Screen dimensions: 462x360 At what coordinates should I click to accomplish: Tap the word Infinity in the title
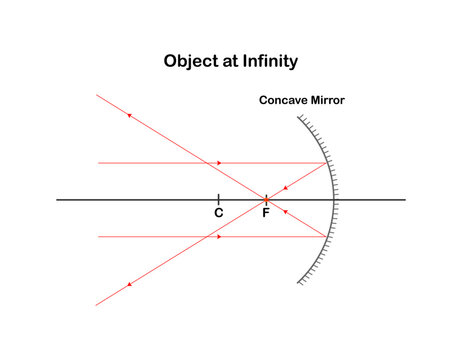(270, 61)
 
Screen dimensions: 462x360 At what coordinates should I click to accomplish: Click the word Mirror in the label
(327, 100)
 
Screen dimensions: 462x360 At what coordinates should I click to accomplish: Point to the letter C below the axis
(219, 212)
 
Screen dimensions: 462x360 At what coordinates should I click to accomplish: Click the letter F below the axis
(266, 212)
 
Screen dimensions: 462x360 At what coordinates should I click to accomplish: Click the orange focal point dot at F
(266, 200)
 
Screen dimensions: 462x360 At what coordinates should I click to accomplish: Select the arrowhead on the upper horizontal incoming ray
(219, 163)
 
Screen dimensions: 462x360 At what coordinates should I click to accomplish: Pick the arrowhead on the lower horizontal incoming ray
(219, 237)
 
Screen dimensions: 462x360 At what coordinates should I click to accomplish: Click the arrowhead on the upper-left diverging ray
(129, 115)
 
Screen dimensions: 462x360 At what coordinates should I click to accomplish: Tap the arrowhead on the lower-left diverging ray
(129, 284)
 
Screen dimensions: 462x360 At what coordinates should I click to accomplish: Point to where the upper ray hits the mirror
(327, 163)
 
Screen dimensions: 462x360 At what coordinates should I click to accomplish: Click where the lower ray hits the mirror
(326, 237)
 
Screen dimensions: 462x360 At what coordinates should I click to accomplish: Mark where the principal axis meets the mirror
(334, 200)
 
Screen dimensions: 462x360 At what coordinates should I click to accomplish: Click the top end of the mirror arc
(298, 117)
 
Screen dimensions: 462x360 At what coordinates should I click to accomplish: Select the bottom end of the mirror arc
(298, 283)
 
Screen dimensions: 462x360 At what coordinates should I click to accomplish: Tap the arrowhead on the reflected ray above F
(285, 188)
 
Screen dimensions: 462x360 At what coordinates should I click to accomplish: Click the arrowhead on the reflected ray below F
(285, 211)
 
